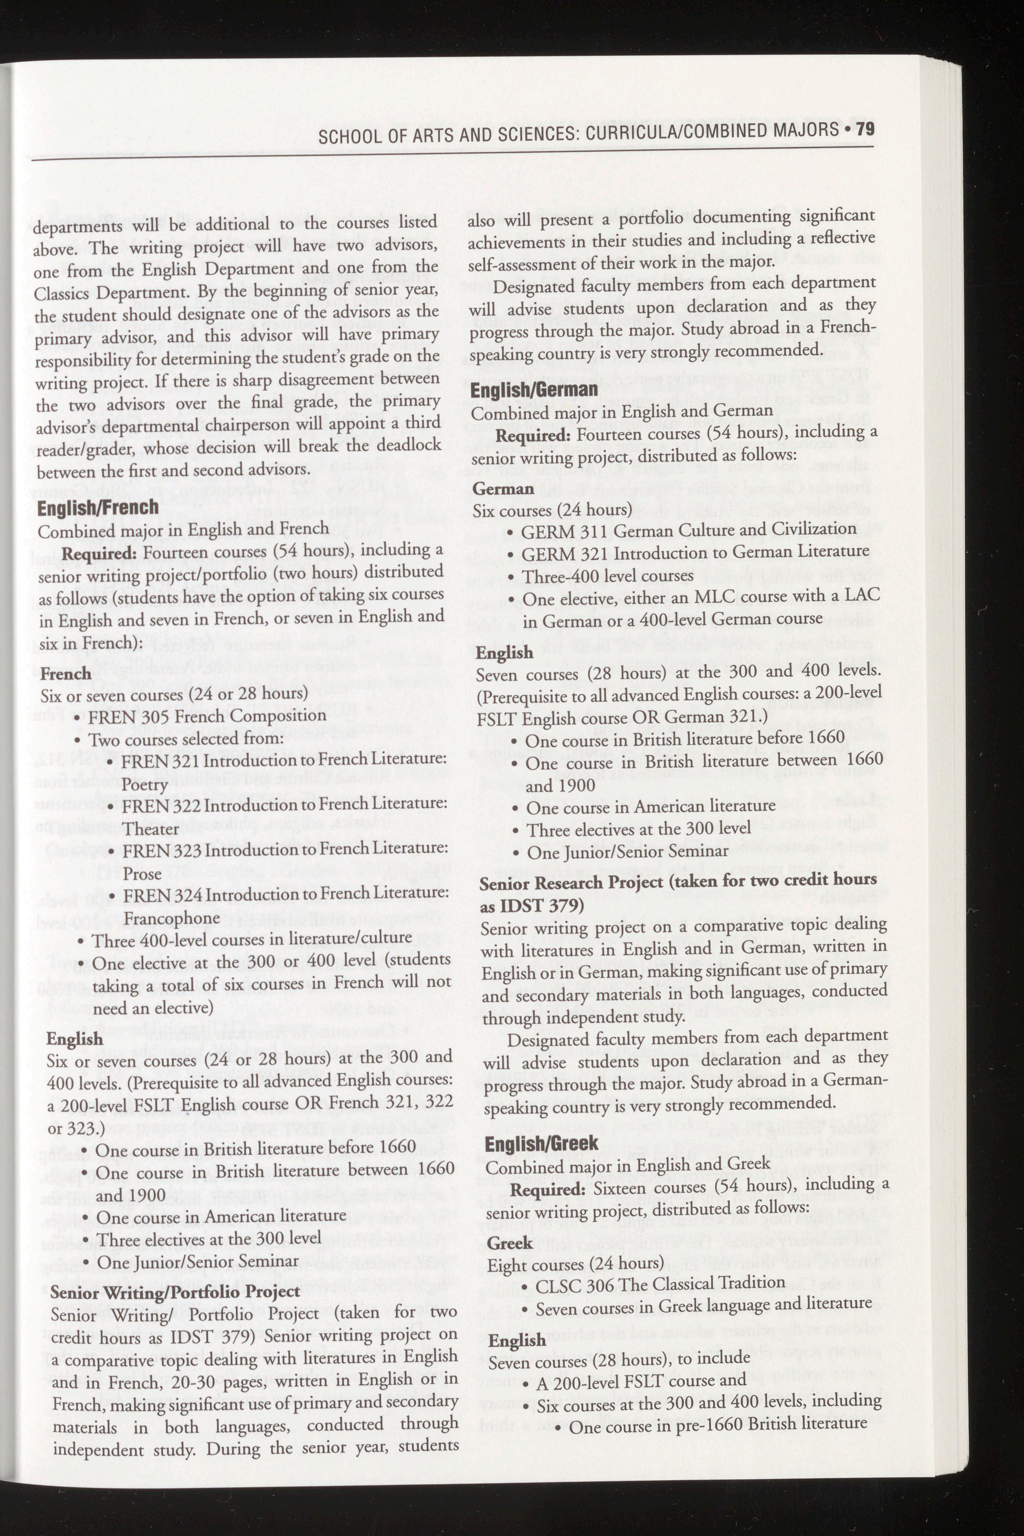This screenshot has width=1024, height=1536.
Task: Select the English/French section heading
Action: pos(97,508)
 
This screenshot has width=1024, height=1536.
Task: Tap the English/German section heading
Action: pos(534,390)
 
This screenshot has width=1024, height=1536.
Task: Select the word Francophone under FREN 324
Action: pos(172,918)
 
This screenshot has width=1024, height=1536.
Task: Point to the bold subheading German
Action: pos(503,489)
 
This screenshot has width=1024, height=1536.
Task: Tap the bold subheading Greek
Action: pos(510,1244)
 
